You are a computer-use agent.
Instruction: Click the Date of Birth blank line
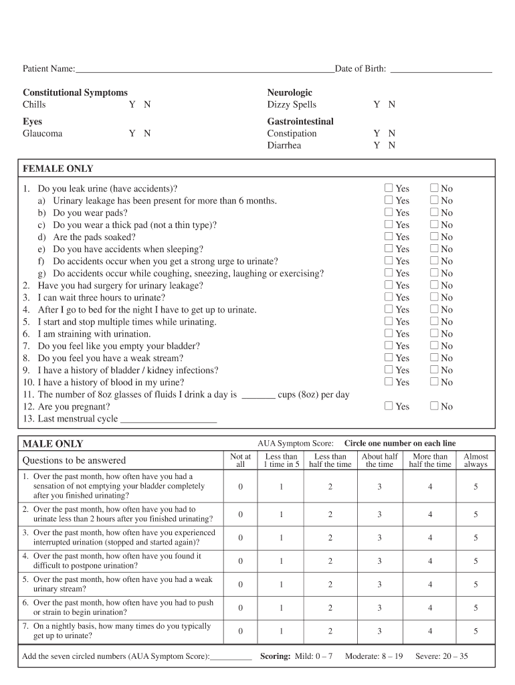[441, 69]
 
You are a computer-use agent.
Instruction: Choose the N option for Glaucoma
[147, 133]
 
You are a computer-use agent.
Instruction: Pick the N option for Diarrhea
[392, 145]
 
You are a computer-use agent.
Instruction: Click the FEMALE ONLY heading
[58, 169]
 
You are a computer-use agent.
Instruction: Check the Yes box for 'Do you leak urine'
[389, 189]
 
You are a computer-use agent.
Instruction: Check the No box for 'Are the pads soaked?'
[434, 237]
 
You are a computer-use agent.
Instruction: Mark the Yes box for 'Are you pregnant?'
[389, 406]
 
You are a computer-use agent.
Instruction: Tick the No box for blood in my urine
[434, 382]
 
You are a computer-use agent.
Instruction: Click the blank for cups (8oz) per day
[258, 395]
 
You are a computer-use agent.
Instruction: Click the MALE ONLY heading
[53, 444]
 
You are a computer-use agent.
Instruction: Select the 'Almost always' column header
[476, 460]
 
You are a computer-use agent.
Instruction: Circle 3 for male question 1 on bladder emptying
[379, 487]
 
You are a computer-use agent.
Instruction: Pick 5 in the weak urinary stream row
[476, 584]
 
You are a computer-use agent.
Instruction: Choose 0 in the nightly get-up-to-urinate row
[240, 631]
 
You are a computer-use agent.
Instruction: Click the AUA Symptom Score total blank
[231, 657]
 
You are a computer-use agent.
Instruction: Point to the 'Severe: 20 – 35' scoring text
[441, 656]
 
